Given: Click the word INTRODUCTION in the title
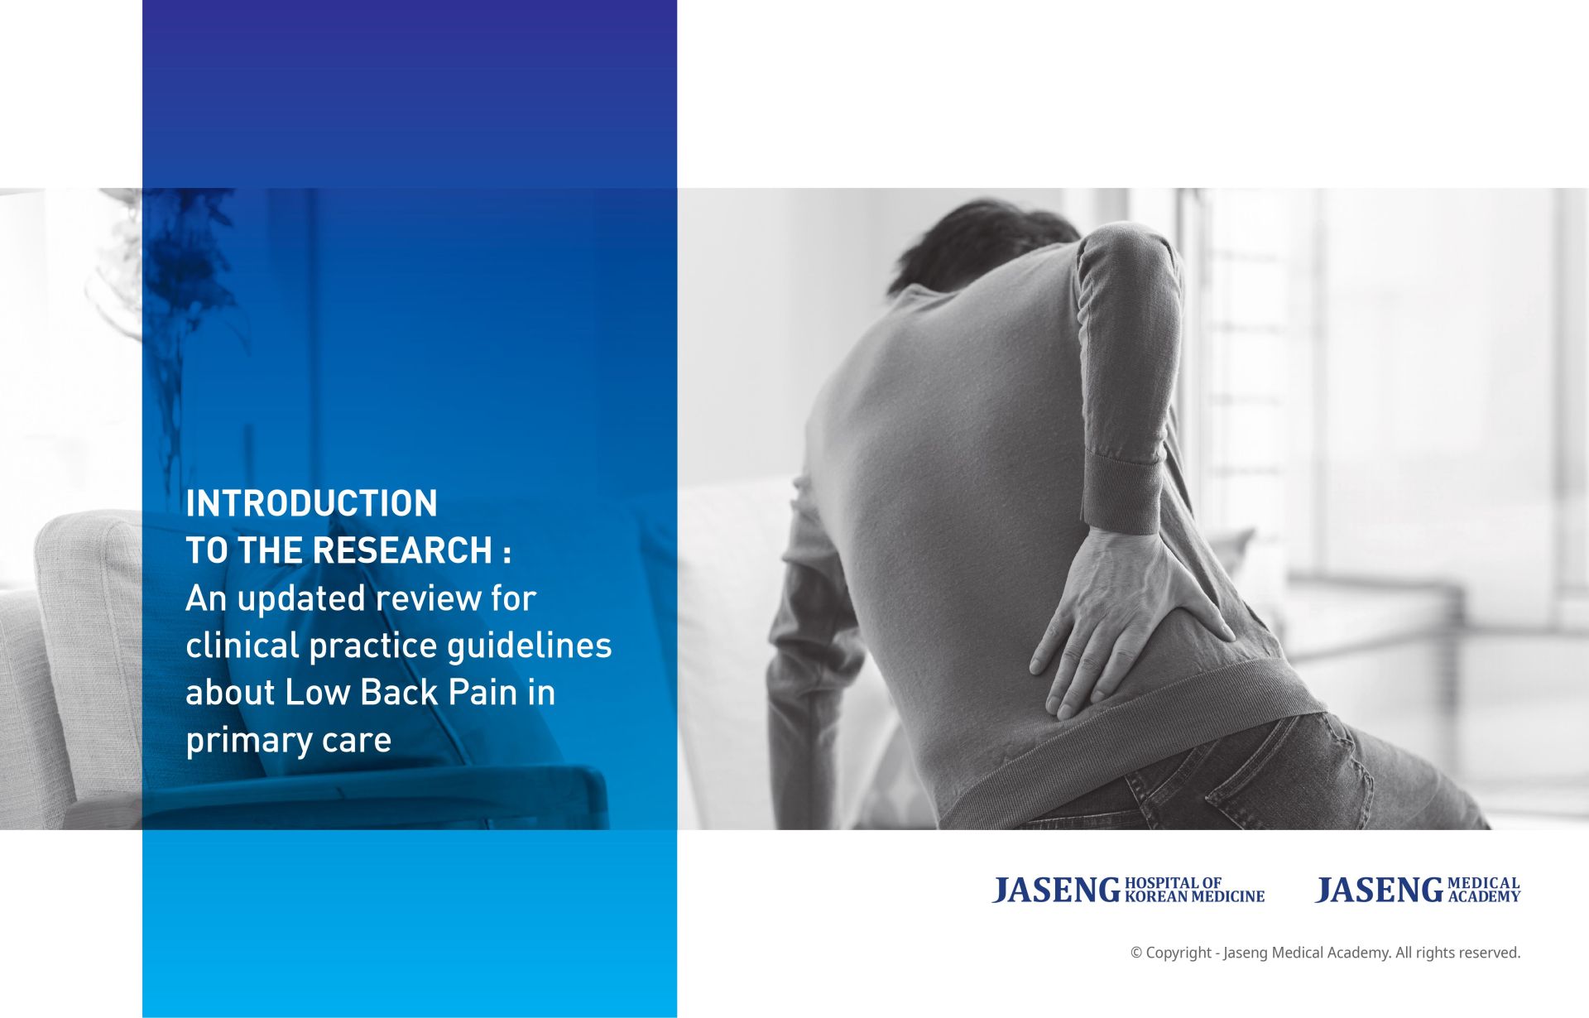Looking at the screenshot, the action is [311, 503].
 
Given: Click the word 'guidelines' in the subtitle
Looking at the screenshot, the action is [530, 645].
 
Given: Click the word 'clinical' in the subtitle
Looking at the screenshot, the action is [242, 645].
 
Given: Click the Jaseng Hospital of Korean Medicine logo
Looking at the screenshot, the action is [1128, 890].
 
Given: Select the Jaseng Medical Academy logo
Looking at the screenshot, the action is [1418, 890].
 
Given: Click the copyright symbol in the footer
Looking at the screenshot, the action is [1136, 953].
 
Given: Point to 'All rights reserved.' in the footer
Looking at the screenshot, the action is [1458, 953].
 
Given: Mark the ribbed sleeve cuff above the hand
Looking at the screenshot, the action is [1123, 492].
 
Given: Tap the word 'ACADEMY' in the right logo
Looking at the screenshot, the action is [1485, 896].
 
